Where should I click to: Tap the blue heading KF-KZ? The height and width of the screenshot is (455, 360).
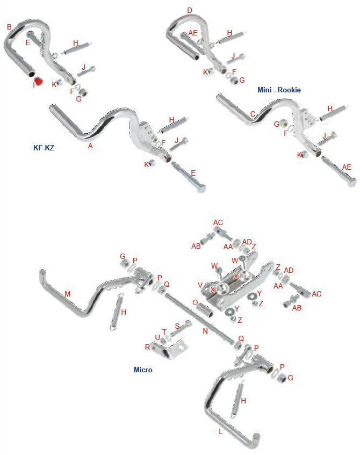[44, 146]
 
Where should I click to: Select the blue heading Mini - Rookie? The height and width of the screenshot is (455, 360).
[279, 90]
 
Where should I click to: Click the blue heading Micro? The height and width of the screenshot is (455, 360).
[142, 370]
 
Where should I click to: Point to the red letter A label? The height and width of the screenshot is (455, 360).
[90, 145]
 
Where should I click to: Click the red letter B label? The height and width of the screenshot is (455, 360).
[9, 26]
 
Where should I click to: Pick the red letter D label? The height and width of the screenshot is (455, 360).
[189, 10]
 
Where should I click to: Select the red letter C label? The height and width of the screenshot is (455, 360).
[253, 113]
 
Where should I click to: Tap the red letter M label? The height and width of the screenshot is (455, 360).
[67, 294]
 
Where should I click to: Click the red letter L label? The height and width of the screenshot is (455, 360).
[220, 430]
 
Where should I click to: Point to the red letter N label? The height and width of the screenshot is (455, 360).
[205, 331]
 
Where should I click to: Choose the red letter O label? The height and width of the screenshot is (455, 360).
[195, 302]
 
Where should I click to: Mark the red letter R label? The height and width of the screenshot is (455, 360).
[147, 347]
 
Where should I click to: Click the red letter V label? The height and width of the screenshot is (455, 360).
[200, 285]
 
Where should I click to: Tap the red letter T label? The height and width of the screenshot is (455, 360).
[164, 331]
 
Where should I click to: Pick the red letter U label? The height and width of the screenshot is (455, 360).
[157, 337]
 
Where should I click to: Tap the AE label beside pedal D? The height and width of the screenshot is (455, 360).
[193, 33]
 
